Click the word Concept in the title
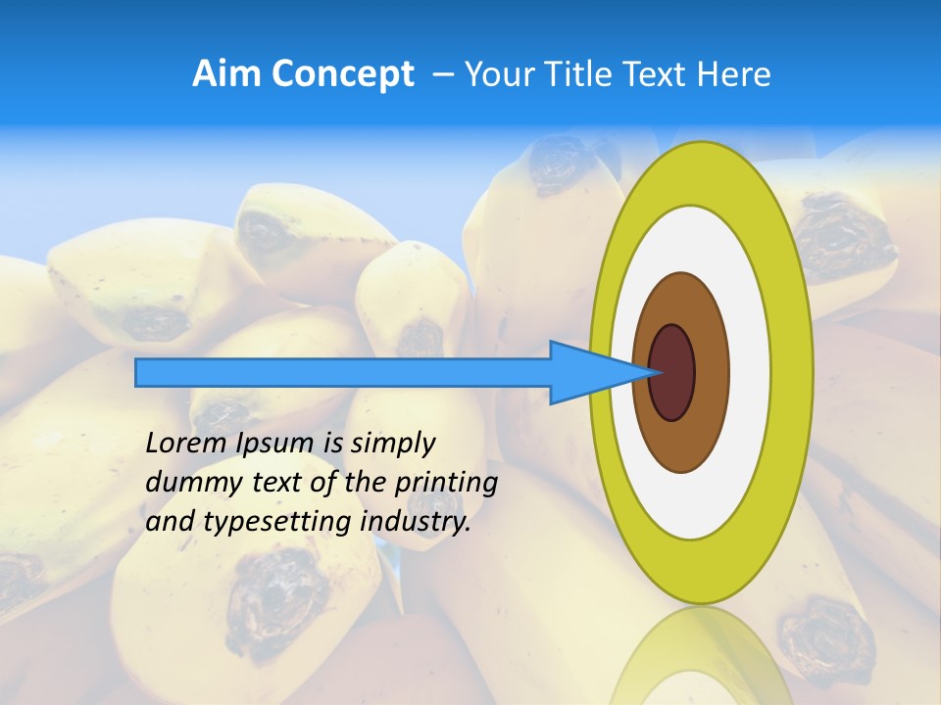click(342, 74)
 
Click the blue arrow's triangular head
click(588, 372)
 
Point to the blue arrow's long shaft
click(343, 372)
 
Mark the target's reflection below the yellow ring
click(701, 656)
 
